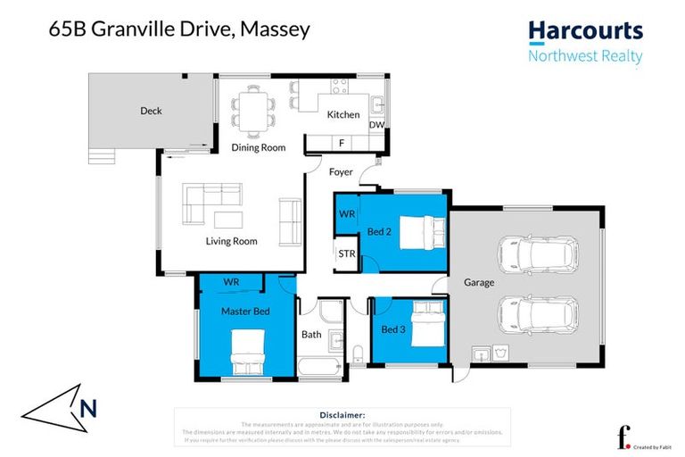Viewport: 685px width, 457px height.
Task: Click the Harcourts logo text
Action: [585, 31]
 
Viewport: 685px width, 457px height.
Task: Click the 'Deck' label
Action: [151, 112]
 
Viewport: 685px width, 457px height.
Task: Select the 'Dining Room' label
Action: [259, 147]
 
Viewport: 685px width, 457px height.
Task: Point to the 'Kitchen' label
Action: [343, 114]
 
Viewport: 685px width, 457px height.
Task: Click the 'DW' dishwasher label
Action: [376, 126]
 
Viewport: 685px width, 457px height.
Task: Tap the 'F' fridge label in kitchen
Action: [341, 143]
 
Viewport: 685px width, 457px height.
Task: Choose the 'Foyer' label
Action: [341, 171]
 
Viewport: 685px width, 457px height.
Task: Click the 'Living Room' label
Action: [231, 241]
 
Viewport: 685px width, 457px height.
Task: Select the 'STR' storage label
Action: [346, 254]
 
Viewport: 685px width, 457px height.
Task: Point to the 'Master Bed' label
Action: [245, 311]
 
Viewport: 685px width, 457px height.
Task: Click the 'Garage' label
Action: [479, 282]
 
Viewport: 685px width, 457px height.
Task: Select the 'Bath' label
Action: [311, 336]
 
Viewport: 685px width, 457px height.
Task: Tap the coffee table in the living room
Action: [227, 220]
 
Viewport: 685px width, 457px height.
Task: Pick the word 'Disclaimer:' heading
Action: [342, 415]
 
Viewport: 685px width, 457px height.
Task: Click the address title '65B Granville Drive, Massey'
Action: [178, 29]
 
